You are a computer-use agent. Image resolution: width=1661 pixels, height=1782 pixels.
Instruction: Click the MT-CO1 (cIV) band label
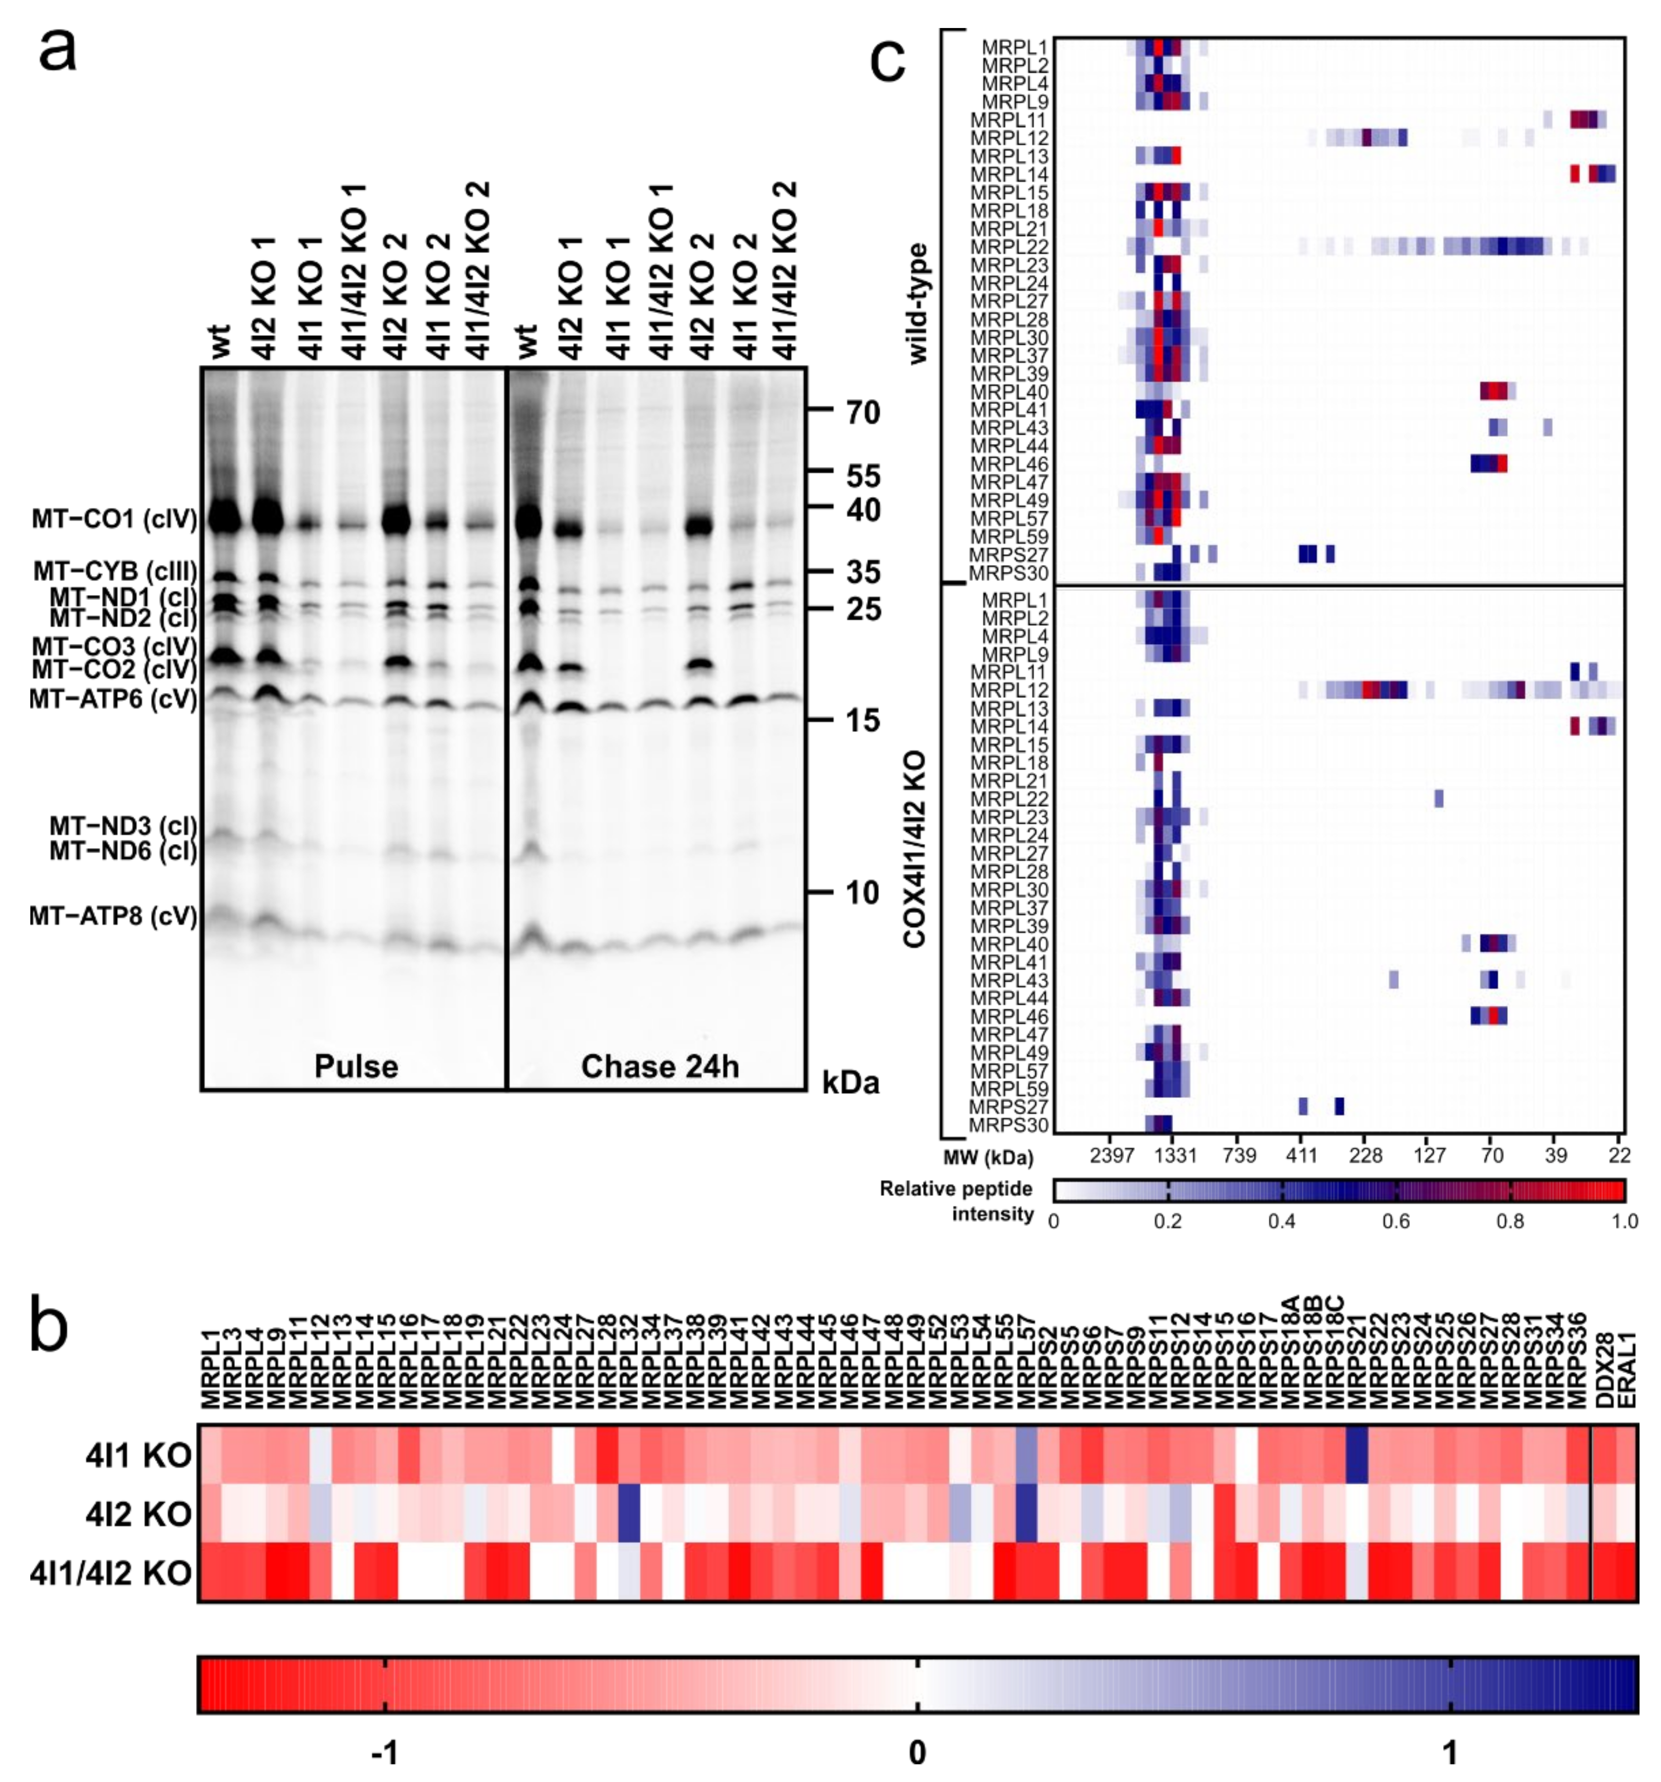(114, 519)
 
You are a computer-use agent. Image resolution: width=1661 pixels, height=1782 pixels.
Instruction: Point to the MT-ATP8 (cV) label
(113, 916)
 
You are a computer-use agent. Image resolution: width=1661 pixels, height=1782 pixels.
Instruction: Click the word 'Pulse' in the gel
(356, 1066)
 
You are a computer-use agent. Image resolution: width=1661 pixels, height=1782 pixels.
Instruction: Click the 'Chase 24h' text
(659, 1066)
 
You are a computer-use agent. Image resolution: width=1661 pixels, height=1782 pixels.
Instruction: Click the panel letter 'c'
(887, 61)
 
